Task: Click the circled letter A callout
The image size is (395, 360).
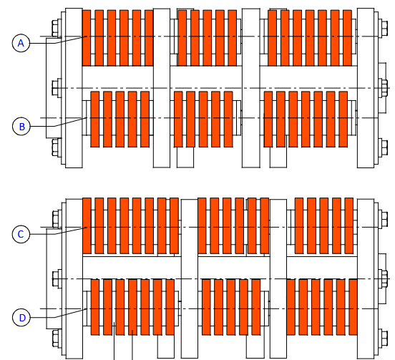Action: tap(21, 44)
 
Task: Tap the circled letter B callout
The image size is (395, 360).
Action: tap(21, 126)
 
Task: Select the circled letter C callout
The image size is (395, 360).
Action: tap(21, 234)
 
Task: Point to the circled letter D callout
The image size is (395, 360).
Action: tap(21, 318)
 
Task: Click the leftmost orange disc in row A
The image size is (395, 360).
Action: tap(87, 38)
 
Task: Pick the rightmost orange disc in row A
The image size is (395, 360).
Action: tap(347, 38)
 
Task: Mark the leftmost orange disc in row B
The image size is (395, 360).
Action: tap(94, 119)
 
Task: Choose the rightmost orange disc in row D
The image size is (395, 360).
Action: tap(353, 307)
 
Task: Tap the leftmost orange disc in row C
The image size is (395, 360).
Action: tap(87, 225)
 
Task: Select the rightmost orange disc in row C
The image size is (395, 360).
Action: tap(349, 225)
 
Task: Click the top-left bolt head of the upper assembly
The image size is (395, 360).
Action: tap(55, 29)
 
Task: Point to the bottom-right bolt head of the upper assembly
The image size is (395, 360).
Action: tap(384, 147)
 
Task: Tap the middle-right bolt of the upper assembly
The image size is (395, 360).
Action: tap(384, 88)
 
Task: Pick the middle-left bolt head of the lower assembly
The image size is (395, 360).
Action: tap(56, 278)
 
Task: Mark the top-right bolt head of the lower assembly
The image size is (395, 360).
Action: tap(384, 219)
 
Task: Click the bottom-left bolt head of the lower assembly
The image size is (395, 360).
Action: tap(56, 338)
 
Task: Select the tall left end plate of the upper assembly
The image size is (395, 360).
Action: tap(74, 88)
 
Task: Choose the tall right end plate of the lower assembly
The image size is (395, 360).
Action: tap(366, 278)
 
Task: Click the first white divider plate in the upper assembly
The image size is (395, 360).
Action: tap(162, 88)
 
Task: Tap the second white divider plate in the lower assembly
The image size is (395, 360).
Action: tap(278, 278)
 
